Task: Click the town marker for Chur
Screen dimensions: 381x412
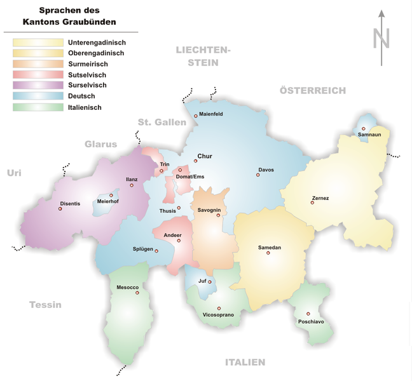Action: pos(195,161)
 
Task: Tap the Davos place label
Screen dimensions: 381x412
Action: pos(266,170)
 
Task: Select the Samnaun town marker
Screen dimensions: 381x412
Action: pos(364,128)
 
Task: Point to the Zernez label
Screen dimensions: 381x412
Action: pos(320,198)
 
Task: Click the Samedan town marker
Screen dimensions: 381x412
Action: pos(268,253)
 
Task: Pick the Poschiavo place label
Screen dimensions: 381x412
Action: pos(310,322)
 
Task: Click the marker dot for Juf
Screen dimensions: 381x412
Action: pos(210,281)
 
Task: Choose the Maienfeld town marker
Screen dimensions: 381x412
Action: pos(195,116)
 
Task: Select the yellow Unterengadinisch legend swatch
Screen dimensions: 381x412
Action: pos(38,42)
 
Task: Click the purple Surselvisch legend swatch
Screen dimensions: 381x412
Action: pos(38,85)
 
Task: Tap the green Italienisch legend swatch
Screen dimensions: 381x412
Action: pos(38,107)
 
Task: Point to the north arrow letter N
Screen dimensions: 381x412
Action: pos(381,39)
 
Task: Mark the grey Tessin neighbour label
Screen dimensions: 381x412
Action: pos(45,305)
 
